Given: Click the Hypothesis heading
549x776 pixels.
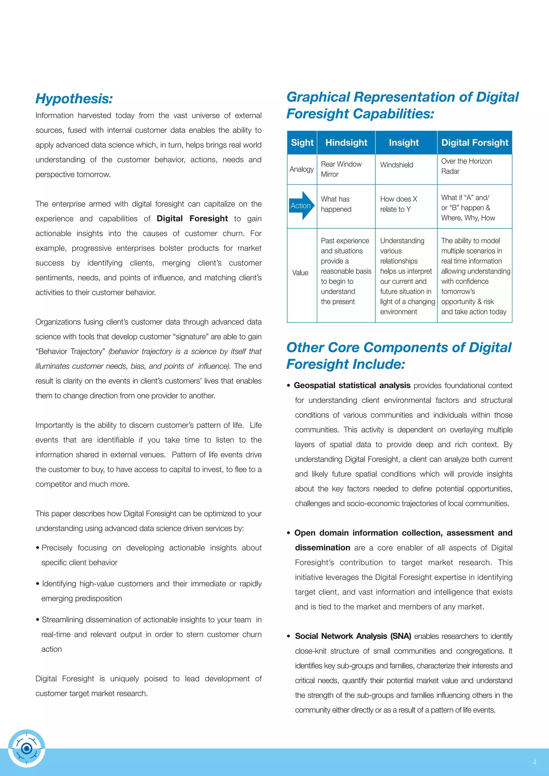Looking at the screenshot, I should coord(74,99).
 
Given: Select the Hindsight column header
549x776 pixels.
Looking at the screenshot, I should coord(346,143).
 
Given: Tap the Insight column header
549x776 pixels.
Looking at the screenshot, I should coord(404,143).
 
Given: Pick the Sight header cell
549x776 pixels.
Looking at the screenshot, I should coord(302,143).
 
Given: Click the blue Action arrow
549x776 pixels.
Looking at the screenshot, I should coord(302,206).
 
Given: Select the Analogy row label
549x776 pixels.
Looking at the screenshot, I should coord(302,169).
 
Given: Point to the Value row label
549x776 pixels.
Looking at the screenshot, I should coord(300,273).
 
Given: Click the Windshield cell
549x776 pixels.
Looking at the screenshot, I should coord(396,165).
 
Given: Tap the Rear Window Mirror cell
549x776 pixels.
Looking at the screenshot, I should coord(341,169).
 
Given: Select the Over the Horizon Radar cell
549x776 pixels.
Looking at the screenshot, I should coord(466,166).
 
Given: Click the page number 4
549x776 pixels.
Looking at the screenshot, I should coord(535,762).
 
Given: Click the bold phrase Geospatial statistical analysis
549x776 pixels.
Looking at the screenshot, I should coord(352,385).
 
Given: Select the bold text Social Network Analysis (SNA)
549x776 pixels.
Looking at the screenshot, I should coord(353,636).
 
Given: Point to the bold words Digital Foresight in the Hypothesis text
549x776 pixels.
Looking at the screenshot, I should coord(192,219).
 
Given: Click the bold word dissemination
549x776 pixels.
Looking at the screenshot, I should coord(322,548).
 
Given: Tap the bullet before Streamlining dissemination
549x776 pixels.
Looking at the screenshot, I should coord(38,620).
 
